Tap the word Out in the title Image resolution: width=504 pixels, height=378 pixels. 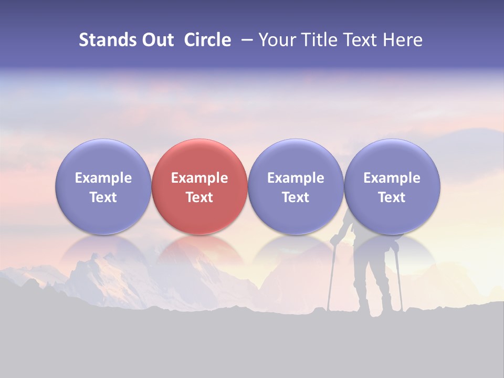pyautogui.click(x=157, y=40)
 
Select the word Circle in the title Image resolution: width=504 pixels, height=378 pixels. pyautogui.click(x=207, y=40)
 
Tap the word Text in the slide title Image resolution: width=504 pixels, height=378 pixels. pyautogui.click(x=362, y=40)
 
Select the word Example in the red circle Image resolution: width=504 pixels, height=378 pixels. pyautogui.click(x=199, y=178)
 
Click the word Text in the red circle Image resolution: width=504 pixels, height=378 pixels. pyautogui.click(x=199, y=197)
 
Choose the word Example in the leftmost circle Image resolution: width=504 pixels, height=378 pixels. pyautogui.click(x=103, y=178)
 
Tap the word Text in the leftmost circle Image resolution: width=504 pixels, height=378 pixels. pyautogui.click(x=103, y=197)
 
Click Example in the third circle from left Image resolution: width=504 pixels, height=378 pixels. pyautogui.click(x=296, y=178)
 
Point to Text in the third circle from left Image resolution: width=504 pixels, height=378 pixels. pyautogui.click(x=296, y=197)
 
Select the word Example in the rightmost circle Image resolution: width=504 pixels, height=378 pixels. pyautogui.click(x=392, y=178)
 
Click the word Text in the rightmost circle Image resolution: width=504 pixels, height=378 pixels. pyautogui.click(x=392, y=197)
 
